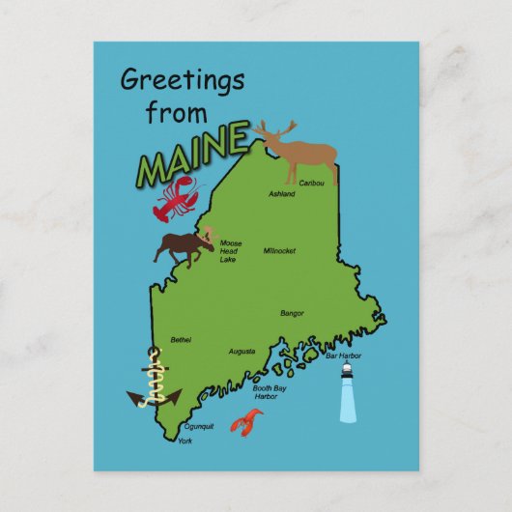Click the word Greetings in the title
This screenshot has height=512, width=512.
[182, 80]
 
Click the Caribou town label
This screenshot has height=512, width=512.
[311, 183]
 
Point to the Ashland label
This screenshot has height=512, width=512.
[281, 194]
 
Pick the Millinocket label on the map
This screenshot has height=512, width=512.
[279, 250]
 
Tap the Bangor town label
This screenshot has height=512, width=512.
[292, 313]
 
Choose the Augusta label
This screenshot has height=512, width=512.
[242, 352]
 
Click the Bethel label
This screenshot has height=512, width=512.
[181, 340]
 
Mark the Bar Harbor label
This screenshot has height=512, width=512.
[343, 356]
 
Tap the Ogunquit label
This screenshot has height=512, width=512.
[198, 425]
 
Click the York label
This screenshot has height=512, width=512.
[185, 441]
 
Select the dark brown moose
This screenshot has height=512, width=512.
[187, 246]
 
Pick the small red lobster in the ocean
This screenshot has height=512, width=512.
[245, 423]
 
